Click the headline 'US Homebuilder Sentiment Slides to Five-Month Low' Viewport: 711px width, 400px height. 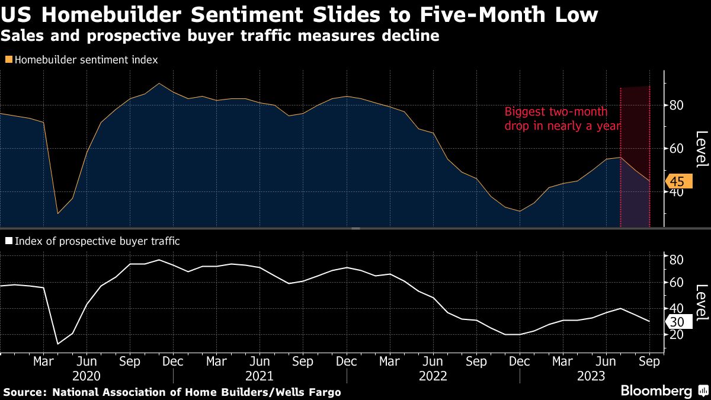(x=299, y=14)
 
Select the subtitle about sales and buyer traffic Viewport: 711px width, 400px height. (x=220, y=37)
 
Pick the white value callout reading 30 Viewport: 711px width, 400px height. (x=678, y=322)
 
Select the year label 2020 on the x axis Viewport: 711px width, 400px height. (x=87, y=376)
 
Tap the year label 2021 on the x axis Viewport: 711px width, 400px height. (x=260, y=376)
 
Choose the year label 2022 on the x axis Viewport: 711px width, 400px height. (x=433, y=376)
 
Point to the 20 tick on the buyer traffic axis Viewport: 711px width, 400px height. (x=677, y=335)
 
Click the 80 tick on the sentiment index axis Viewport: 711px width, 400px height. (x=677, y=105)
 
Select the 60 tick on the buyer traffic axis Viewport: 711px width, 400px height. (x=677, y=283)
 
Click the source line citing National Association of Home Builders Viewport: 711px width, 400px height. (x=172, y=392)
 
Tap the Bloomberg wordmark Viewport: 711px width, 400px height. (x=656, y=391)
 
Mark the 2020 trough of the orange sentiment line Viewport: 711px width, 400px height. (x=58, y=213)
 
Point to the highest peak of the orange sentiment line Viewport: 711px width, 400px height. (x=159, y=84)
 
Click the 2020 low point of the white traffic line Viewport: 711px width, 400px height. (x=58, y=344)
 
